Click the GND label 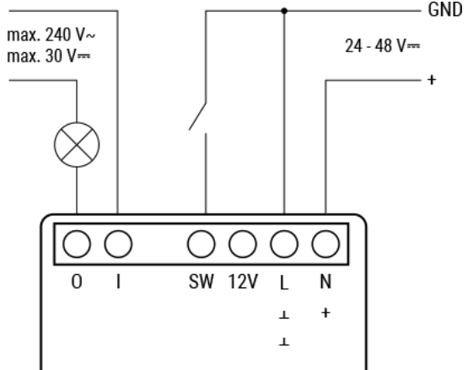[x=445, y=10]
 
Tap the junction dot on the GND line [x=284, y=11]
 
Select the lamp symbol [x=77, y=145]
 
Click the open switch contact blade [x=197, y=116]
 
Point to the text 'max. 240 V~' [x=51, y=35]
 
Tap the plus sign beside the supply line [x=432, y=80]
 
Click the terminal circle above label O [x=77, y=244]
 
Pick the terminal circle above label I [x=118, y=244]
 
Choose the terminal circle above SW [x=202, y=244]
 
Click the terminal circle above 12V [x=243, y=244]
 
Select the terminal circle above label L [x=284, y=244]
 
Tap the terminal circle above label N [x=325, y=244]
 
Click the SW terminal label [x=202, y=282]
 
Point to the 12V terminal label [x=243, y=282]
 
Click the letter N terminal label [x=325, y=282]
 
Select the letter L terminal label [x=284, y=282]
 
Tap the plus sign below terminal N [x=325, y=313]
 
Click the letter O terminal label [x=77, y=282]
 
